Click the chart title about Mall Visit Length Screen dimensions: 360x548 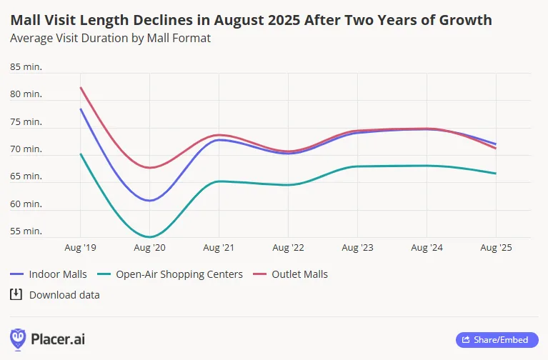coord(251,20)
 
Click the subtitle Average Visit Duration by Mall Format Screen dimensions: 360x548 coord(110,38)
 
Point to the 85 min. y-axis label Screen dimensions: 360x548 coord(26,66)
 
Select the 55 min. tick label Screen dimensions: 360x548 coord(26,231)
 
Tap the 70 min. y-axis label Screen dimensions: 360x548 coord(26,149)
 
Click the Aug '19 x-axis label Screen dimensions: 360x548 coord(80,247)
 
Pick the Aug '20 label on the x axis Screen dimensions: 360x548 coord(149,247)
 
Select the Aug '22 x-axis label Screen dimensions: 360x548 coord(288,247)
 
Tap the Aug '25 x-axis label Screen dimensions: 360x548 coord(496,247)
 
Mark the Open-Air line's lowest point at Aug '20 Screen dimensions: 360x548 coord(149,236)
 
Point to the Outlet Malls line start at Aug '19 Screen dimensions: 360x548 coord(80,87)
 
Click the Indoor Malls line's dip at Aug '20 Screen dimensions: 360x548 coord(149,201)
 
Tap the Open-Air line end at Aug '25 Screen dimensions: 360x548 coord(496,174)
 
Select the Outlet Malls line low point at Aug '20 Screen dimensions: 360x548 coord(149,168)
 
